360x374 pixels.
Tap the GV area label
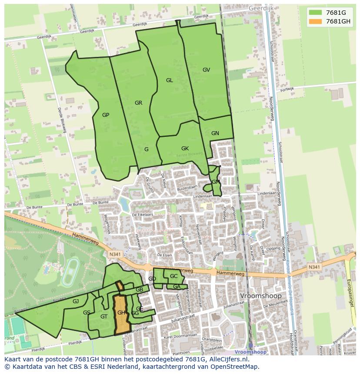click(x=206, y=70)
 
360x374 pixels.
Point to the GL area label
click(x=169, y=80)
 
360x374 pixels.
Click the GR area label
click(x=138, y=103)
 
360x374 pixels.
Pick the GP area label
click(x=106, y=115)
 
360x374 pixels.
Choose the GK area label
click(x=185, y=149)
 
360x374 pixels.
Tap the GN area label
click(x=215, y=133)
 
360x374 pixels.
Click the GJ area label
click(x=76, y=301)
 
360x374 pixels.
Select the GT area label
click(x=103, y=317)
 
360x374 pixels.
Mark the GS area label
click(x=87, y=313)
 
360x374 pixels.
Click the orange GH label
click(x=121, y=313)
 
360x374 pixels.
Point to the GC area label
click(x=173, y=276)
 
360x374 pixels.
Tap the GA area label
click(x=177, y=287)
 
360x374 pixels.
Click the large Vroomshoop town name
click(x=261, y=296)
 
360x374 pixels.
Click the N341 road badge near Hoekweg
click(x=115, y=254)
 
